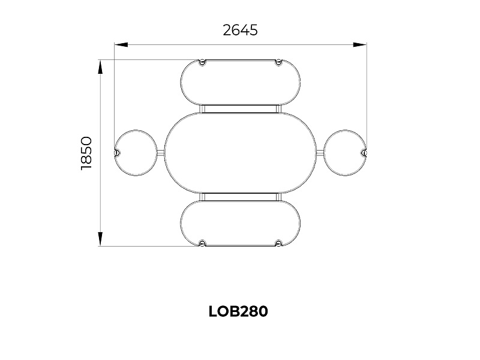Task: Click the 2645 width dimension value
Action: pos(240,30)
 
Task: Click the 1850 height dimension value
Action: pos(86,154)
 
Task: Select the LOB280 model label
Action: pos(238,311)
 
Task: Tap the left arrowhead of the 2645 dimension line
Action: pos(121,44)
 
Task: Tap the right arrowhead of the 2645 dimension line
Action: pos(359,44)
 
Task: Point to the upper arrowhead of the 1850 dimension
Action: pos(100,67)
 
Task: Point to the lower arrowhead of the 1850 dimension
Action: pos(100,239)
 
